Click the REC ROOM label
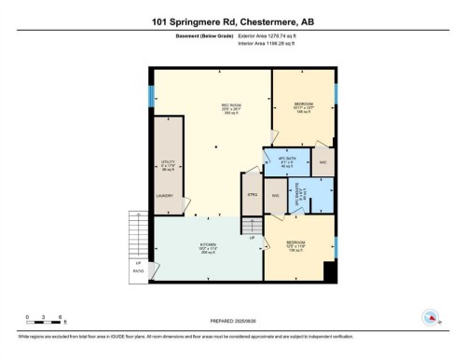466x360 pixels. pyautogui.click(x=212, y=104)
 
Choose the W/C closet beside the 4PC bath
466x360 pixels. pyautogui.click(x=322, y=161)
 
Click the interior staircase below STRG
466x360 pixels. pyautogui.click(x=251, y=227)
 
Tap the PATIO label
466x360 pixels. pyautogui.click(x=139, y=271)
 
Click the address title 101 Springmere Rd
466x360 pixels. pyautogui.click(x=232, y=19)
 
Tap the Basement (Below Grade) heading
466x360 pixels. pyautogui.click(x=196, y=35)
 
